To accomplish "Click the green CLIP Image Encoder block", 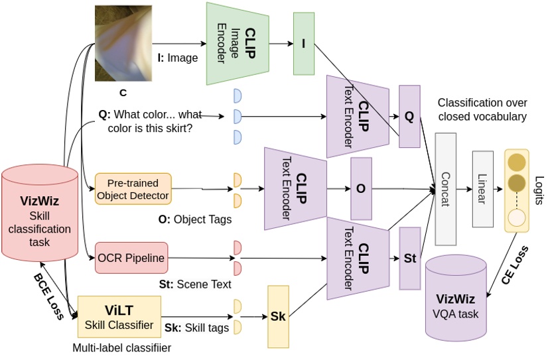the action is click(238, 44).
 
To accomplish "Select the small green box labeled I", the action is click(304, 44).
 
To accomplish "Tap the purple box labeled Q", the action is click(409, 116).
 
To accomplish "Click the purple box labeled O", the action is click(361, 189).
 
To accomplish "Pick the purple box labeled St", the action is click(410, 259).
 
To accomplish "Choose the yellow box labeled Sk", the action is click(279, 316).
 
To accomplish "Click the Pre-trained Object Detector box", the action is click(133, 189).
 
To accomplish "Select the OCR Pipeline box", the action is click(131, 258).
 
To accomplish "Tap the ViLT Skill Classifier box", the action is click(119, 317).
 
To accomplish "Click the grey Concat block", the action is click(446, 189).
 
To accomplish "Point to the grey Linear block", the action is click(482, 189).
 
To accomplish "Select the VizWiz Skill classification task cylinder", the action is click(40, 213).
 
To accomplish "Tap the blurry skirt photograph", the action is click(123, 43).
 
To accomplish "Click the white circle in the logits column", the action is click(517, 218).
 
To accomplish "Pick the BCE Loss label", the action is click(48, 296).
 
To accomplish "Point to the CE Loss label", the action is click(515, 265).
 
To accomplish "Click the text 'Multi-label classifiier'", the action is click(122, 348).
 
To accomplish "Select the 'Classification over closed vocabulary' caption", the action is click(482, 109).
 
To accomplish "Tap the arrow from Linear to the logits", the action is click(498, 189).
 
